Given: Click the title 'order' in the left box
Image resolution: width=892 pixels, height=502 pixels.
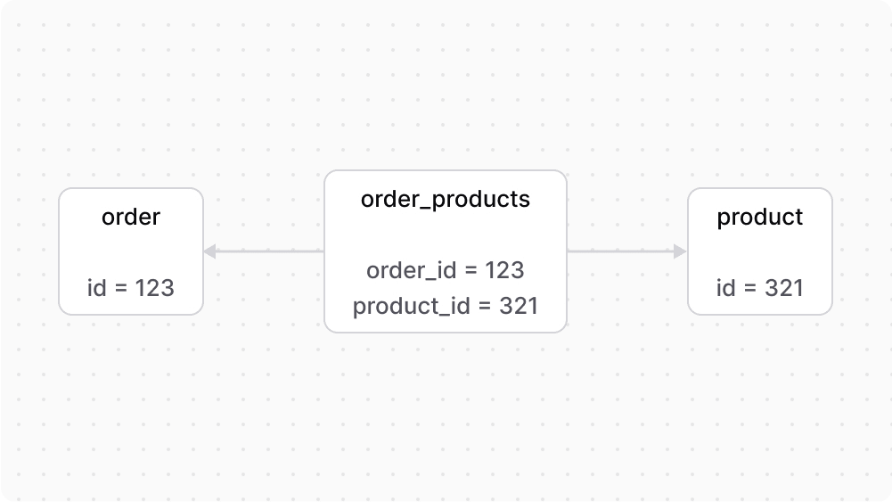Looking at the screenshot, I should tap(131, 217).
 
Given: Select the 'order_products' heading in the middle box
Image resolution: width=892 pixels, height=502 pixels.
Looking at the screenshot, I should tap(446, 199).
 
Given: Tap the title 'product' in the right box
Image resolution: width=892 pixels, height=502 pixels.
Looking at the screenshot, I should tap(760, 217).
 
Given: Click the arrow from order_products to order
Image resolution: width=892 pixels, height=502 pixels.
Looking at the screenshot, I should tap(267, 251).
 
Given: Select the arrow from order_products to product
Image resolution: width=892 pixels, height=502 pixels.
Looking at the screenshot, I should tap(624, 251).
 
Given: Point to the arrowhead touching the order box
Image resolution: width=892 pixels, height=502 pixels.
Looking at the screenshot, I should tap(210, 251).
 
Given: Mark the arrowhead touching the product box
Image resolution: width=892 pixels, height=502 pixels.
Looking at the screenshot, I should tap(680, 251).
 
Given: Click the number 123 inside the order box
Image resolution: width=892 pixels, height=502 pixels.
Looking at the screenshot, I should tap(154, 288).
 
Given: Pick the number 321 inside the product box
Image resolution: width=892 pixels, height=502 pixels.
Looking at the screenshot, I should tap(784, 288).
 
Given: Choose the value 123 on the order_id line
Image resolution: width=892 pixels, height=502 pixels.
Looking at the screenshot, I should tap(504, 270).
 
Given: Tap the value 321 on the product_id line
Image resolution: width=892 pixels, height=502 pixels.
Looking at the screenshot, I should tap(519, 307).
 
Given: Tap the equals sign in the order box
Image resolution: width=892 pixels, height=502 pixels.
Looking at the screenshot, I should tap(121, 288).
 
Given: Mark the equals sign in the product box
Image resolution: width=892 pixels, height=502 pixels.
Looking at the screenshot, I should tap(750, 288).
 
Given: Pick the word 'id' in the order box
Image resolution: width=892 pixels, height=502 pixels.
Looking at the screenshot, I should tap(97, 288).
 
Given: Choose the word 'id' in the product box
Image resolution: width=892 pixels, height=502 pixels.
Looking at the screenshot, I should tap(726, 288).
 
